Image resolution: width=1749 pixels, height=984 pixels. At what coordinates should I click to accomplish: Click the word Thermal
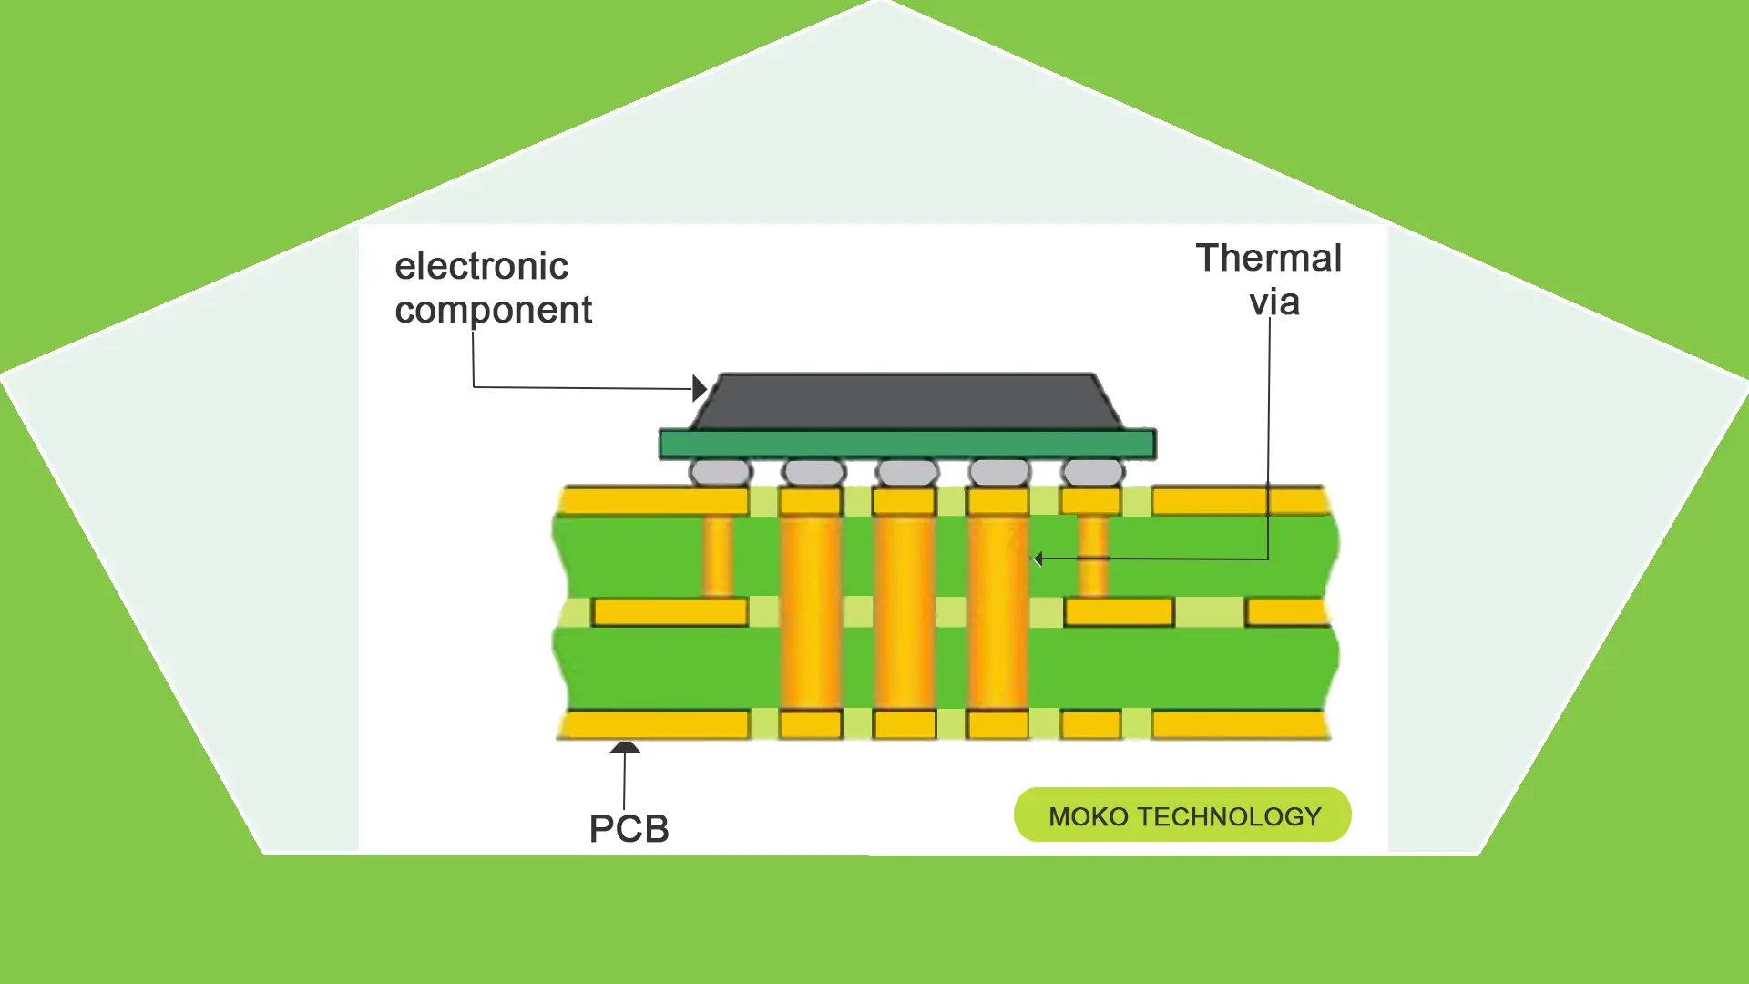pos(1268,258)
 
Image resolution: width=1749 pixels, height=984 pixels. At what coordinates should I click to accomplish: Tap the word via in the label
pos(1273,302)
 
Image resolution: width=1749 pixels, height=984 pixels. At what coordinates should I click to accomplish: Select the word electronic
pos(481,266)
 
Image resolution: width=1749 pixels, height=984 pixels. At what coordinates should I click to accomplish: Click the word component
pos(493,311)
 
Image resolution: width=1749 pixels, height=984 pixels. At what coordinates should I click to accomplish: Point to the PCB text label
pos(629,828)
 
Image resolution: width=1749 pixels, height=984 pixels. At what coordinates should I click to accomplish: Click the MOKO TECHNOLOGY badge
pos(1182,815)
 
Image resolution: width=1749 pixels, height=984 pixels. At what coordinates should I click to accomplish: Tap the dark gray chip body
pos(906,401)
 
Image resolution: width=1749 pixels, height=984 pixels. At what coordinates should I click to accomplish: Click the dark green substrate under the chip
pos(907,445)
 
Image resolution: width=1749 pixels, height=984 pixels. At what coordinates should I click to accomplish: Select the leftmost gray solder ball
pos(721,472)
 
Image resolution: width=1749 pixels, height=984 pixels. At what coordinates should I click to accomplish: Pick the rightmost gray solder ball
pos(1093,472)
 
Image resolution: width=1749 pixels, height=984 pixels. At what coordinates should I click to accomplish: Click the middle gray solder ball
pos(906,472)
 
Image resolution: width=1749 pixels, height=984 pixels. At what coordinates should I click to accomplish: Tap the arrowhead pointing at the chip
pos(700,388)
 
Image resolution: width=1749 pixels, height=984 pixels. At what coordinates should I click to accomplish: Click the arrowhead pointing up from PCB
pos(625,747)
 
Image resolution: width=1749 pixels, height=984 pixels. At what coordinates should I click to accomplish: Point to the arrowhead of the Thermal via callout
pos(1038,559)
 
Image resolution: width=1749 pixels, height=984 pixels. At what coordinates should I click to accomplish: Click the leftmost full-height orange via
pos(810,610)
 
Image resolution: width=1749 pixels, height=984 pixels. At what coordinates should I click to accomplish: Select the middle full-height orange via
pos(905,610)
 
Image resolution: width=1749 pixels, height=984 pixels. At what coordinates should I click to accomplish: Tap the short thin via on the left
pos(717,556)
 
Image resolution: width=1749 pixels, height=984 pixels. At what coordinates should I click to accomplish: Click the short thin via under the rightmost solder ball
pos(1093,556)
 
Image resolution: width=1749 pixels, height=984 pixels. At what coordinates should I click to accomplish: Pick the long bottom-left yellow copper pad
pos(654,725)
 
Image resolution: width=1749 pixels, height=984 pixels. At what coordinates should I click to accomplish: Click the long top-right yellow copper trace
pos(1239,501)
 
